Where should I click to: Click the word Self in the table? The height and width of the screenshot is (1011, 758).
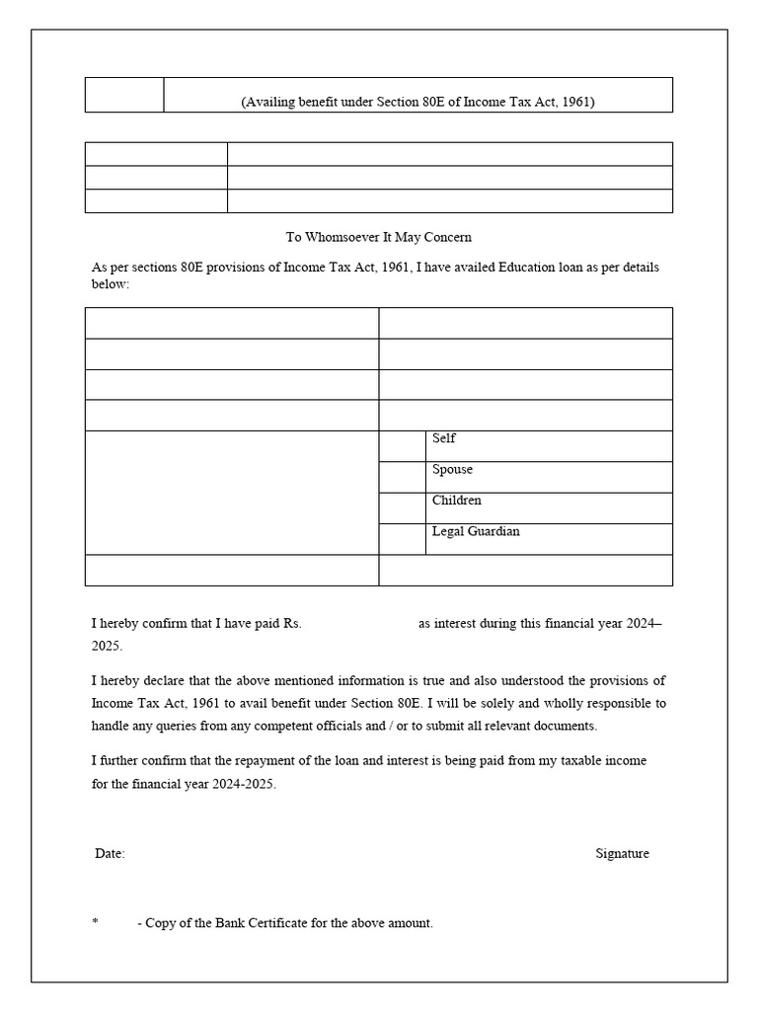click(443, 438)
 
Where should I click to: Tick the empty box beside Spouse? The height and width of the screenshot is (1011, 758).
click(403, 477)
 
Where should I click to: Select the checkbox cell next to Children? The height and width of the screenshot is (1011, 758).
click(403, 507)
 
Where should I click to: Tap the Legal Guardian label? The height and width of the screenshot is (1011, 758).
click(475, 531)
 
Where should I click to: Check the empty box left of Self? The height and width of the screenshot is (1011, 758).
click(403, 446)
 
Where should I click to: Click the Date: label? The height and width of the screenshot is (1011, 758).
click(110, 854)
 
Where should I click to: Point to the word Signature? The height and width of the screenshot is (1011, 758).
click(622, 854)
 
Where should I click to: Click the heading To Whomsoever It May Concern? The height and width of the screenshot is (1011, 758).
click(379, 237)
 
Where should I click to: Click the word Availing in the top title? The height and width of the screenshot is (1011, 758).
click(265, 102)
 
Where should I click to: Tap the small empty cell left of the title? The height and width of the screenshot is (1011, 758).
click(124, 95)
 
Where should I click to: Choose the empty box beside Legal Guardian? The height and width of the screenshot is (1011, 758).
click(403, 539)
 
